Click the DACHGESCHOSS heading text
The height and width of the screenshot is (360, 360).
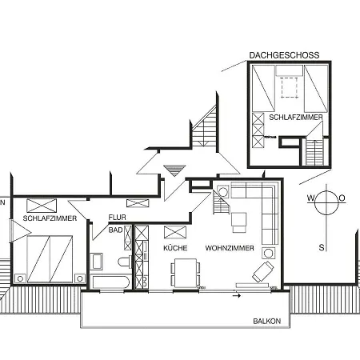point(284,55)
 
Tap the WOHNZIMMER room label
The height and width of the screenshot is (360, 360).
point(230,249)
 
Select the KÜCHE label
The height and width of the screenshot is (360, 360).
point(175,249)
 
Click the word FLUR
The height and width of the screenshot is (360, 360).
point(118,217)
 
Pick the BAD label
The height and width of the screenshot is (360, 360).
point(116,230)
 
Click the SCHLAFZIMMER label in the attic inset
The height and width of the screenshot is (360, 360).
point(296,117)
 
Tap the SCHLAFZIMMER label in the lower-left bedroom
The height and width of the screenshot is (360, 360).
point(50,218)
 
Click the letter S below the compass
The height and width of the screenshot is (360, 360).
point(322,247)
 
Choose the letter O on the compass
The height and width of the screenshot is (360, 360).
point(342,198)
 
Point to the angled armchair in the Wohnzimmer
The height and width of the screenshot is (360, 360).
point(262,271)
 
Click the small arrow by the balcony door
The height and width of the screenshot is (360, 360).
point(236,295)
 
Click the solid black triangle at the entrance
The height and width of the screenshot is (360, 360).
point(171,169)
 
